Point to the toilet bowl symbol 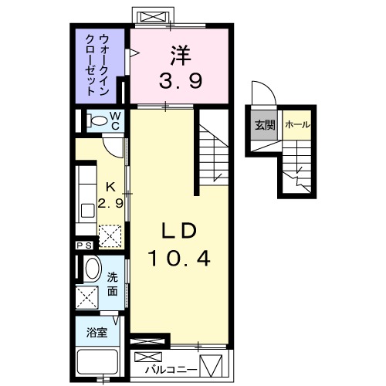[x=98, y=121]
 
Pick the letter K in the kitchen [x=110, y=187]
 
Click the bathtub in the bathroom [x=97, y=362]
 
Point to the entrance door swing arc [x=265, y=93]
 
